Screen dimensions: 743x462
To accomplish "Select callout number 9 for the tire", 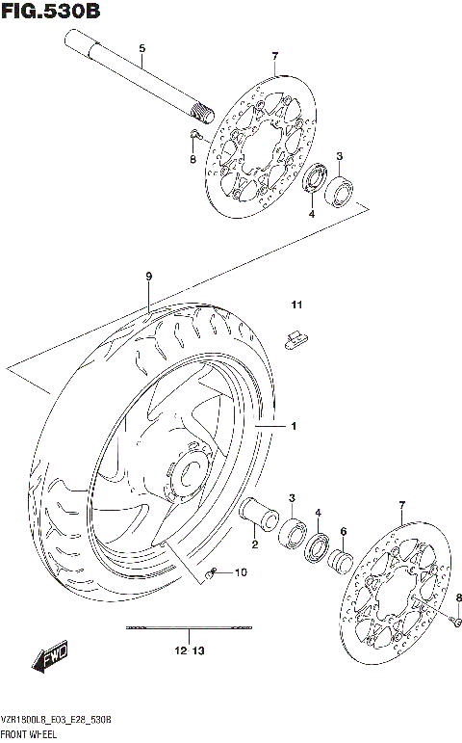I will point(149,277).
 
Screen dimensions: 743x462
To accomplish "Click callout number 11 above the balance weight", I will point(298,306).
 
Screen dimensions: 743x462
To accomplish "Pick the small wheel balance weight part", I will point(295,337).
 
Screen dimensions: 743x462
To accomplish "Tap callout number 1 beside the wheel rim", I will point(295,425).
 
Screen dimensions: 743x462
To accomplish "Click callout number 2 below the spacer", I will point(255,546).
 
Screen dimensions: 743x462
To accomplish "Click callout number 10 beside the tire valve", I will point(241,573).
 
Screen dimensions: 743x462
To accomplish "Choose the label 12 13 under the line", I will point(191,651).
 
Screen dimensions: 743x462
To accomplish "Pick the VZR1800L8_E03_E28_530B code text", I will point(60,721).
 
